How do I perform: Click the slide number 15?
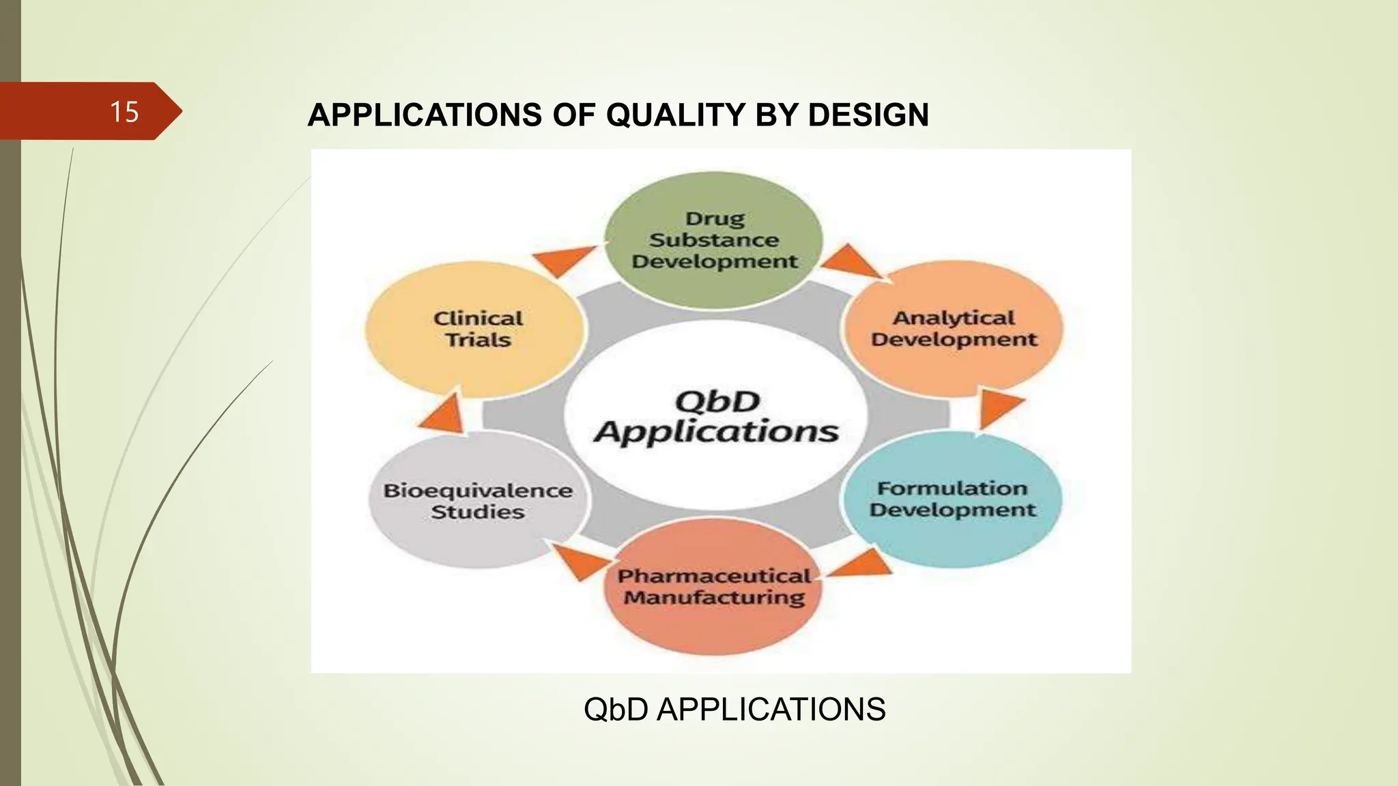tap(124, 112)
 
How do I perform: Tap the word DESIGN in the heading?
tap(868, 115)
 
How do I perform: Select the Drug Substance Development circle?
tap(714, 240)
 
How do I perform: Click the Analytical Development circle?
tap(954, 329)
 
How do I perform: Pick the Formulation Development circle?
tap(952, 499)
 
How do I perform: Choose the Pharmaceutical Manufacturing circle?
tap(713, 587)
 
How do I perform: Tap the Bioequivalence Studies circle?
tap(477, 501)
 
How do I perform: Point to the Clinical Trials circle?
tap(477, 329)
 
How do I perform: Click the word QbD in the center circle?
tap(717, 401)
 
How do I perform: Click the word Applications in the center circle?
tap(716, 432)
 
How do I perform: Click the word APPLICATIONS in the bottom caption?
tap(771, 710)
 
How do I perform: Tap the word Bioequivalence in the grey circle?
tap(478, 491)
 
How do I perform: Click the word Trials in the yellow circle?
tap(478, 340)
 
